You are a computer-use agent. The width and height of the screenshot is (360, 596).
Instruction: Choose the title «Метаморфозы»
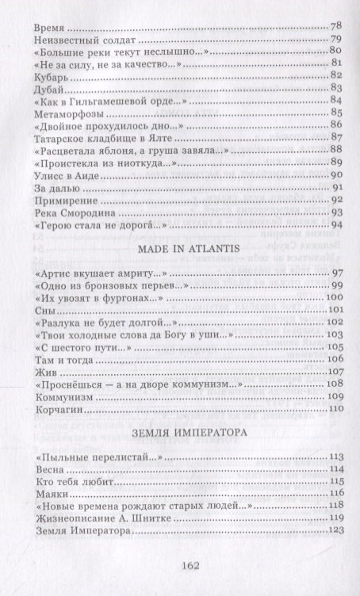click(70, 120)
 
